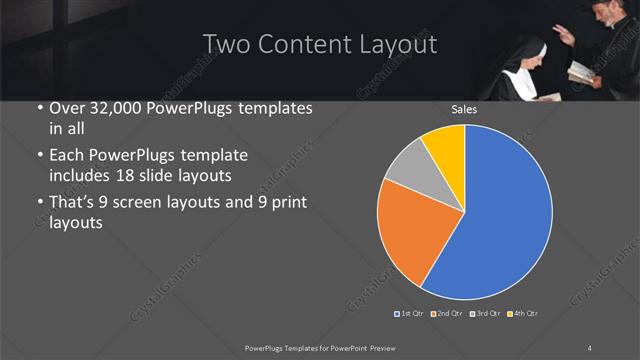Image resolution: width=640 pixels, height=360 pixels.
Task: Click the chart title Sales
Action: click(x=463, y=109)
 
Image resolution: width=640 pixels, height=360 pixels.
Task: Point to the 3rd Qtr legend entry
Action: click(x=483, y=314)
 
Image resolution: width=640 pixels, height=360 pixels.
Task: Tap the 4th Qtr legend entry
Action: click(x=522, y=314)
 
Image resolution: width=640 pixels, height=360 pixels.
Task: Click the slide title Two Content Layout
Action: click(x=319, y=45)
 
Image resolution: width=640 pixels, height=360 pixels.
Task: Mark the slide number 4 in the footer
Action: click(x=590, y=347)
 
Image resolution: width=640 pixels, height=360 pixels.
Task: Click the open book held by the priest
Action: click(x=580, y=72)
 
